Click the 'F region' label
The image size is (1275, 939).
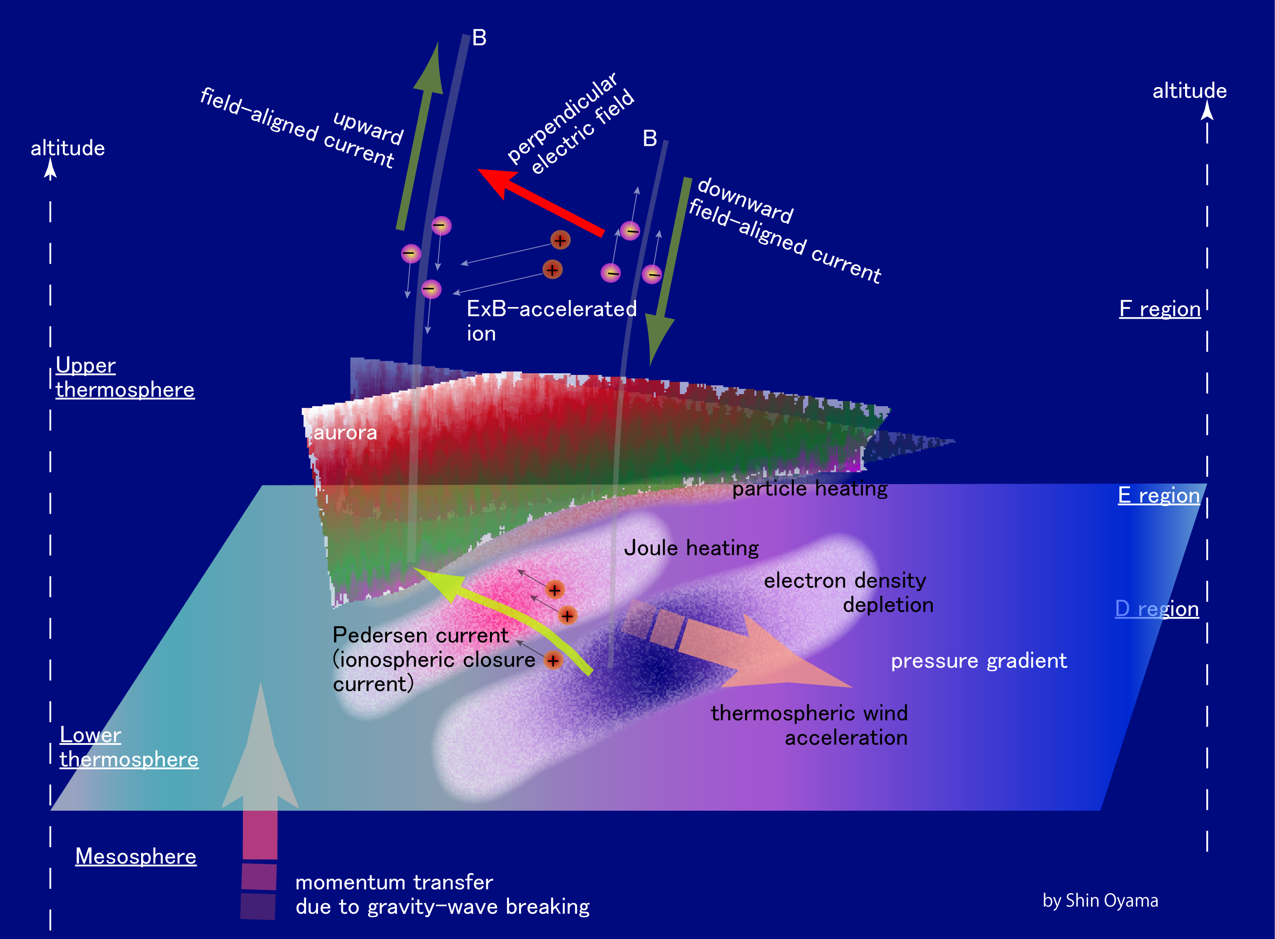1160,309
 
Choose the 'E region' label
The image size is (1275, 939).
1158,495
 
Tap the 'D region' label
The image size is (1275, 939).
1157,609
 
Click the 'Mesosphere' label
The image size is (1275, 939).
136,856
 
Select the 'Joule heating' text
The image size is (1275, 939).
691,548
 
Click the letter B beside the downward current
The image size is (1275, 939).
650,138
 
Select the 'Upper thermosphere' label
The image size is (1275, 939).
125,377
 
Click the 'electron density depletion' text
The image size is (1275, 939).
848,592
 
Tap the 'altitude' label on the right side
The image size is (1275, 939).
1189,91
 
